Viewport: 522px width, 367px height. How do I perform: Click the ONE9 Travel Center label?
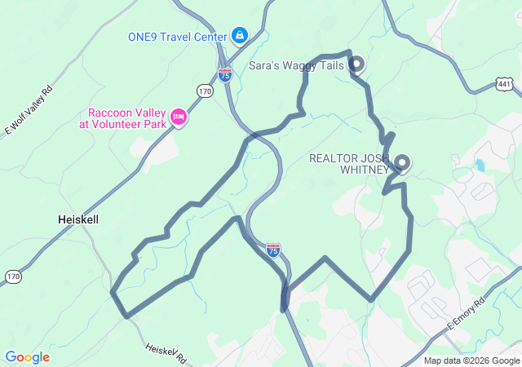click(177, 36)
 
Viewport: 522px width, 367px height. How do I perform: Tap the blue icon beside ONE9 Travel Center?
click(240, 35)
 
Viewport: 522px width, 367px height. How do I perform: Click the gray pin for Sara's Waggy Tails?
click(356, 64)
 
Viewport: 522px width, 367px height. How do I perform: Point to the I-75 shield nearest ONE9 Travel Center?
click(224, 74)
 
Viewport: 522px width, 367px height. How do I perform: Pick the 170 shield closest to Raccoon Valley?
click(204, 91)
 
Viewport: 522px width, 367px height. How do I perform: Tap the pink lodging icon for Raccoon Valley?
click(179, 119)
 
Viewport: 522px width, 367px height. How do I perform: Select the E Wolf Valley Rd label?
click(28, 110)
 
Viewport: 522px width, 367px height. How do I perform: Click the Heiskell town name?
click(79, 219)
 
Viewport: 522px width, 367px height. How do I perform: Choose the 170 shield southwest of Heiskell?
click(12, 277)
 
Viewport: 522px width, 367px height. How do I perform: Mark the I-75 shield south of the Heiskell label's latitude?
click(273, 250)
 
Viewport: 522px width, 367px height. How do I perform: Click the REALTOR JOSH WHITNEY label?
click(350, 164)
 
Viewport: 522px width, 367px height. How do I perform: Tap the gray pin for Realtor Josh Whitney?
click(401, 162)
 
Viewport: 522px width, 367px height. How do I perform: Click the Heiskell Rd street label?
click(167, 353)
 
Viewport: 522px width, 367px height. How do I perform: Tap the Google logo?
click(27, 357)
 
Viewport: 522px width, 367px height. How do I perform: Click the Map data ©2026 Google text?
click(472, 361)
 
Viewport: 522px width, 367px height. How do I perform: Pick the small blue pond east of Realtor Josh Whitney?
click(480, 166)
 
